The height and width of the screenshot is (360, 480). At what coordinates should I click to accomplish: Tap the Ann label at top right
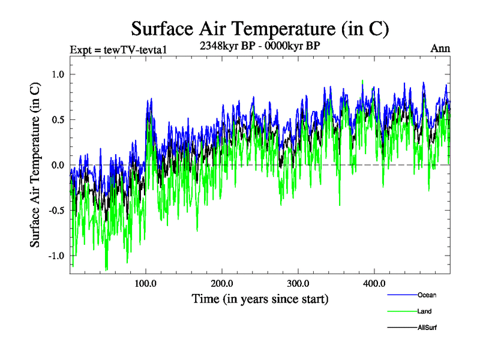(440, 49)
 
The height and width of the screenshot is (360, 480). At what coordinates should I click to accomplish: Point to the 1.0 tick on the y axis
(56, 74)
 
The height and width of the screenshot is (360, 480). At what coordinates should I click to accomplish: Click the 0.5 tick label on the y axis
(56, 119)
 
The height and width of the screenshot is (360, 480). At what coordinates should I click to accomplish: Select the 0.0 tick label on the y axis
(56, 165)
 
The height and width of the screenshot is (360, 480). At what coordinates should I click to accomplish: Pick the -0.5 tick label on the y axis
(55, 210)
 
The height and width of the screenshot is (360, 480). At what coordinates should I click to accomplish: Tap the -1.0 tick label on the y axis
(55, 255)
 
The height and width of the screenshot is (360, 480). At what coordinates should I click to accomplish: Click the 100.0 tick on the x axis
(146, 283)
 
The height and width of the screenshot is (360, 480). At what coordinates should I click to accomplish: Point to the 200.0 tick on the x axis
(222, 283)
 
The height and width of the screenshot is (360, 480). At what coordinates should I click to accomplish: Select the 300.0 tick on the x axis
(298, 283)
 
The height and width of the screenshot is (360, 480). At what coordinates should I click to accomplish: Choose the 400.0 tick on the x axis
(374, 283)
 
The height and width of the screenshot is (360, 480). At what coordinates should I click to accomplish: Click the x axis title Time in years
(260, 298)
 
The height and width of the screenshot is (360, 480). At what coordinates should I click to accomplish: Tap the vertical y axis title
(35, 165)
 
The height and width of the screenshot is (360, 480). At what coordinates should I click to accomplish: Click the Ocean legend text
(427, 295)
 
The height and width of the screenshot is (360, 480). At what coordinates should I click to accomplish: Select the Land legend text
(424, 311)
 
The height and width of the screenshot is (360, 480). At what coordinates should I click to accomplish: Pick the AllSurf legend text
(427, 328)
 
